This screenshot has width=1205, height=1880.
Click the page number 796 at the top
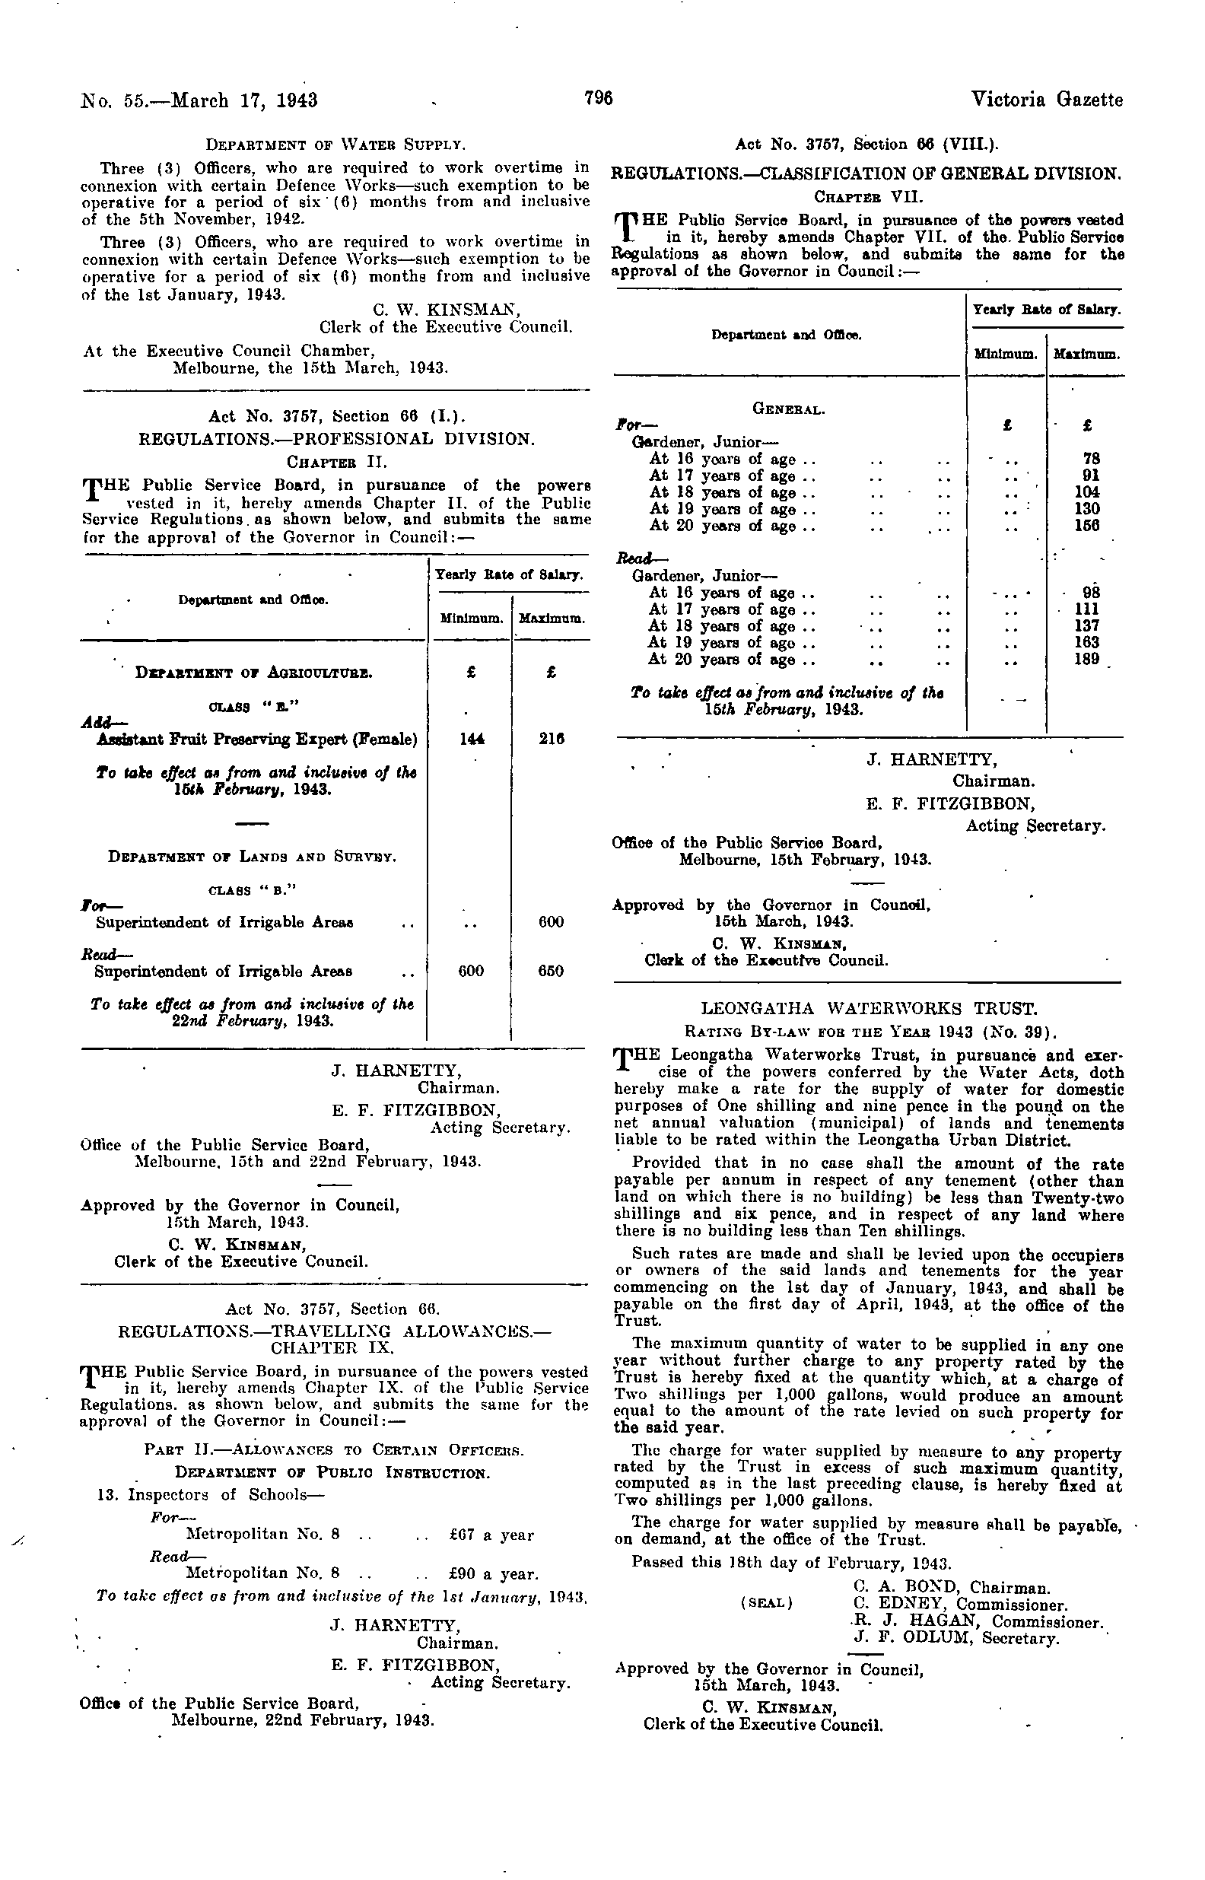click(598, 99)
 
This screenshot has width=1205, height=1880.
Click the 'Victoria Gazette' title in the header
click(1046, 100)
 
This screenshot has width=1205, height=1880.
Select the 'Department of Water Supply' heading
click(335, 145)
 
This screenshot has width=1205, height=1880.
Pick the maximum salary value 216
click(552, 739)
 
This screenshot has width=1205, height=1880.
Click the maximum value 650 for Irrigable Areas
click(551, 971)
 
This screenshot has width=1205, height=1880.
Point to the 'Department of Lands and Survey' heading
click(252, 857)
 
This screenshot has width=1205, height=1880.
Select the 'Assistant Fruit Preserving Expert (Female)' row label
click(256, 739)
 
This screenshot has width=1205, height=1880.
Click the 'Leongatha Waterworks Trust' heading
click(869, 1008)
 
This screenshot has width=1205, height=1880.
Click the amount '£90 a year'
click(494, 1573)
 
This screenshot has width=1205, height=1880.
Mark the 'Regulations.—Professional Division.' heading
click(336, 439)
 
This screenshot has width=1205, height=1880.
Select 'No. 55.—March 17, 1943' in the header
click(199, 100)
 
